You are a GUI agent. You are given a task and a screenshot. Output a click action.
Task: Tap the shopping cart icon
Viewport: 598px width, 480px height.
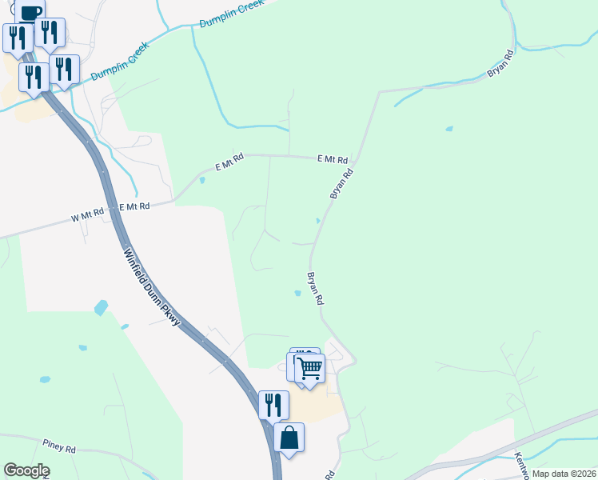pos(309,369)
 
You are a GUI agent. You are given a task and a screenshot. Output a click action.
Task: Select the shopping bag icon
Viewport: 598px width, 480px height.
pos(289,438)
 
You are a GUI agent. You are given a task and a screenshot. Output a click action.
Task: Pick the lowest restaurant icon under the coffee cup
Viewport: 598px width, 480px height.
pos(34,78)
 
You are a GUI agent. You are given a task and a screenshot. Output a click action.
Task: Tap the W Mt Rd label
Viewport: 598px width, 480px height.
pos(88,214)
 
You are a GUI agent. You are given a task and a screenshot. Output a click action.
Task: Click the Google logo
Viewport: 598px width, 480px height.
pos(26,470)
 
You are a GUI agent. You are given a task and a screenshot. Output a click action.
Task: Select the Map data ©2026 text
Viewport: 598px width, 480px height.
pos(563,474)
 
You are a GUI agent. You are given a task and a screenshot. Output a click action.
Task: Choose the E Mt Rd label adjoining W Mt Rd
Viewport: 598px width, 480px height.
pos(134,206)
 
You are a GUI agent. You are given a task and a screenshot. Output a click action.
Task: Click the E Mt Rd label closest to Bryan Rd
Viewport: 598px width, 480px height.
pos(332,159)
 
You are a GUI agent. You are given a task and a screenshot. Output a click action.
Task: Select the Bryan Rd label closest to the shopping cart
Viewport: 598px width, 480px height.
pos(315,288)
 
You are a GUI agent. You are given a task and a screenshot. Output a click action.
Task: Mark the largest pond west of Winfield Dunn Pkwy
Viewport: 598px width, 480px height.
pos(101,307)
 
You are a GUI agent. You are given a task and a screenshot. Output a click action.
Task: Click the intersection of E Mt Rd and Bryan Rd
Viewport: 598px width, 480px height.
pos(357,158)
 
